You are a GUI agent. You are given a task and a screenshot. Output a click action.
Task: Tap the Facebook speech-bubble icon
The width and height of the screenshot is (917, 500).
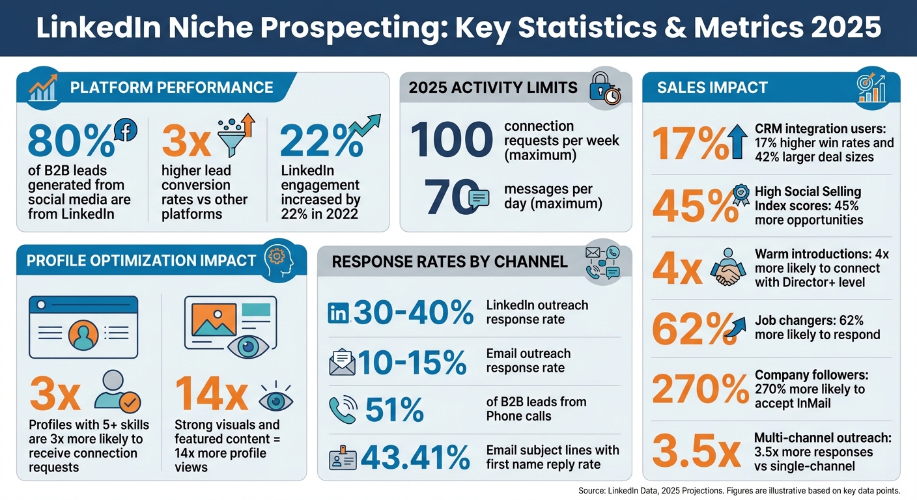point(125,130)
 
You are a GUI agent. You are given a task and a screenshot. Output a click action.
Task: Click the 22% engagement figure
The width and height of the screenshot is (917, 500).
point(321,142)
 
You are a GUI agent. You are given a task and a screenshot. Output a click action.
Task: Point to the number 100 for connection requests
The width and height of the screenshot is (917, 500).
point(451,140)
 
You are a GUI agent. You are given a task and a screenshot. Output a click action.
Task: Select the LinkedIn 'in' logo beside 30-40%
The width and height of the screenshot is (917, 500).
point(339,313)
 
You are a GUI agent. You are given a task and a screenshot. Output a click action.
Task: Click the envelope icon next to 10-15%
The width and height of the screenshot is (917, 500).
point(343,363)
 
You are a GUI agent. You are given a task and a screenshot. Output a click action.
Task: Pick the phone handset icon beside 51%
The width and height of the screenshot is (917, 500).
point(342,410)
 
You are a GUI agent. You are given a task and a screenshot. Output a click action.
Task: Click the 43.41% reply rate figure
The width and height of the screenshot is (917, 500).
point(415,457)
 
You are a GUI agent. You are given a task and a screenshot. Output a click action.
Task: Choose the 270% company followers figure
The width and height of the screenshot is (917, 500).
point(700,391)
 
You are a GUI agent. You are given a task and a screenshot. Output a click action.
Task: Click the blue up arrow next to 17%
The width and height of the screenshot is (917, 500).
point(739,143)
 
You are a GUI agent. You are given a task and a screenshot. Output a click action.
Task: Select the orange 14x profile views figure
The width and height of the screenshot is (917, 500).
point(211,395)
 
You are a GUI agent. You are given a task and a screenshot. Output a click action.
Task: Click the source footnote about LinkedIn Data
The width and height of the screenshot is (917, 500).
point(739,491)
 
